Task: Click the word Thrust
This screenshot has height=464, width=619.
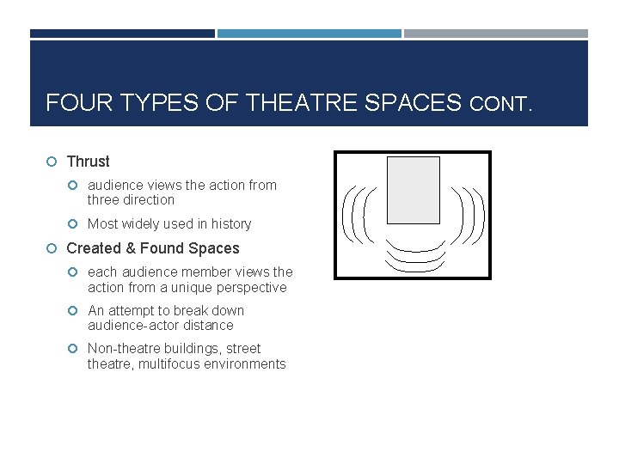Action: (x=88, y=162)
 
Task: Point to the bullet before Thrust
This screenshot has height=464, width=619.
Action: (x=52, y=162)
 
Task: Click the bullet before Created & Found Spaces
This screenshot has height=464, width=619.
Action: (x=52, y=248)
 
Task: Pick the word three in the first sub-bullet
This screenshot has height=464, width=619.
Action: (x=106, y=200)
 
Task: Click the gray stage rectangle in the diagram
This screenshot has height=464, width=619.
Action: (x=413, y=190)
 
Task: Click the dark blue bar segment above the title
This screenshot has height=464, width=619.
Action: (x=122, y=34)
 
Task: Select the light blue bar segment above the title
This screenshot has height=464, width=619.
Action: (x=309, y=34)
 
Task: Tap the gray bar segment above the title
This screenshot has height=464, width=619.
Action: (x=496, y=34)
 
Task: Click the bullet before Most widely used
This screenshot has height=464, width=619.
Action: (x=73, y=224)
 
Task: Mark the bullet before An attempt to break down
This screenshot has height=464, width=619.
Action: (x=73, y=311)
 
